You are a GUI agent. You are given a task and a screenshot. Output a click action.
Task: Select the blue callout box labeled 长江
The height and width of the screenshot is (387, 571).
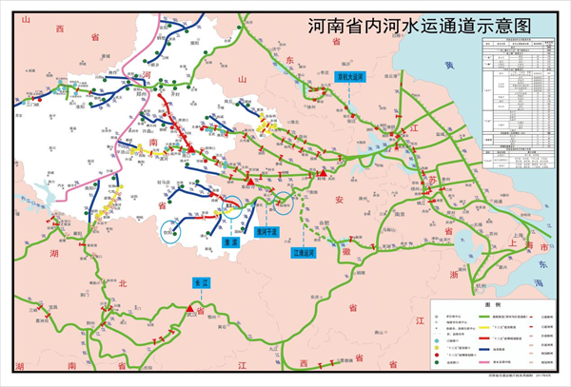coord(199,282)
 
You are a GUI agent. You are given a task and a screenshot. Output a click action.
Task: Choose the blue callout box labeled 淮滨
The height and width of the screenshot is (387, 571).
coord(228,242)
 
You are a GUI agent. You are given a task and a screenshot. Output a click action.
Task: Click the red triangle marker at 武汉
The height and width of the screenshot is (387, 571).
coord(199,310)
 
